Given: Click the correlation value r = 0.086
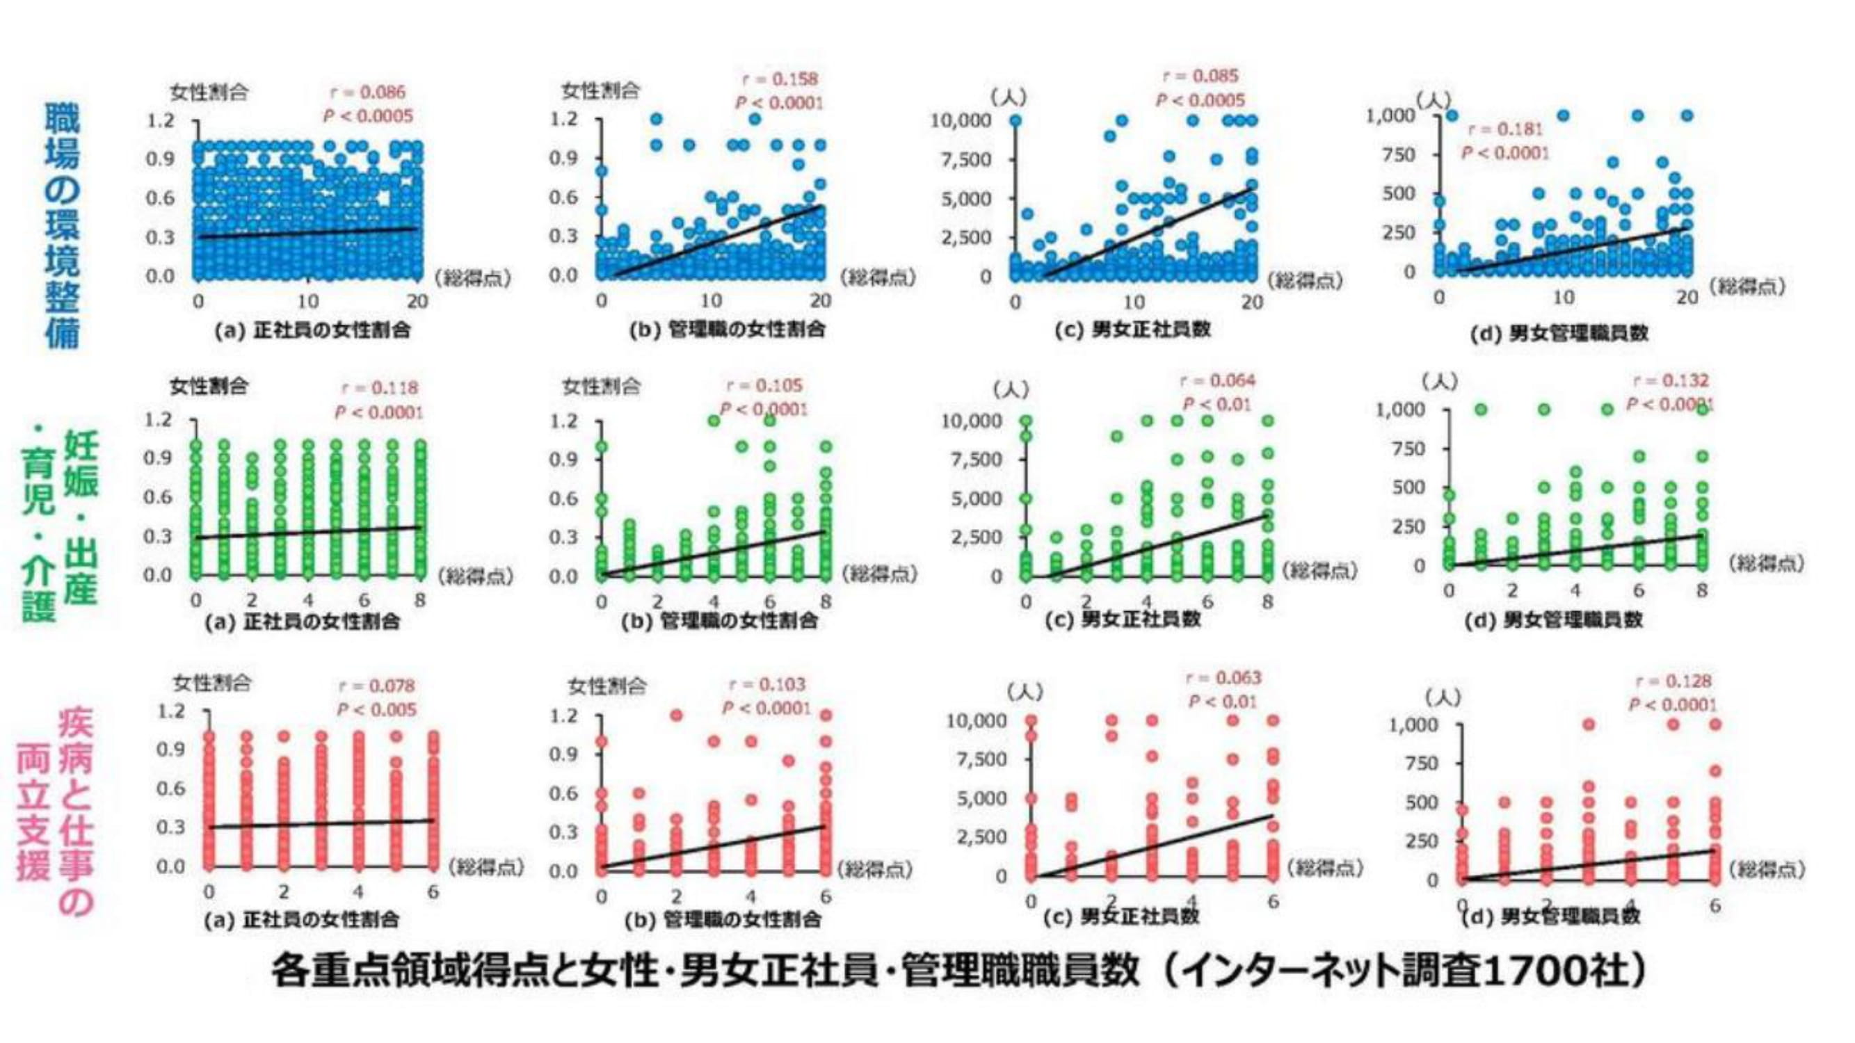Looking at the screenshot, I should coord(367,92).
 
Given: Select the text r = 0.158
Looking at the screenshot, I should coord(780,79).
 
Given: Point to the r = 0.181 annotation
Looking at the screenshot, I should coord(1505,129).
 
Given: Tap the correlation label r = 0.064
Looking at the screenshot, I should coord(1218,380).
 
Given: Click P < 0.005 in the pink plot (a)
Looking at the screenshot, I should coord(376,710).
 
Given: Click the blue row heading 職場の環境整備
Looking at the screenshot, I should coord(63,225).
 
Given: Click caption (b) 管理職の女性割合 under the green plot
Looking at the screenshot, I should coord(719,620).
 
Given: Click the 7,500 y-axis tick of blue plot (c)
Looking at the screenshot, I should coord(966,160).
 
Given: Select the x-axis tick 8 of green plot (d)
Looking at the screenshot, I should coord(1701,590).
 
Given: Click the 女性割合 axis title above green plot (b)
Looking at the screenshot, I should coord(601,387).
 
